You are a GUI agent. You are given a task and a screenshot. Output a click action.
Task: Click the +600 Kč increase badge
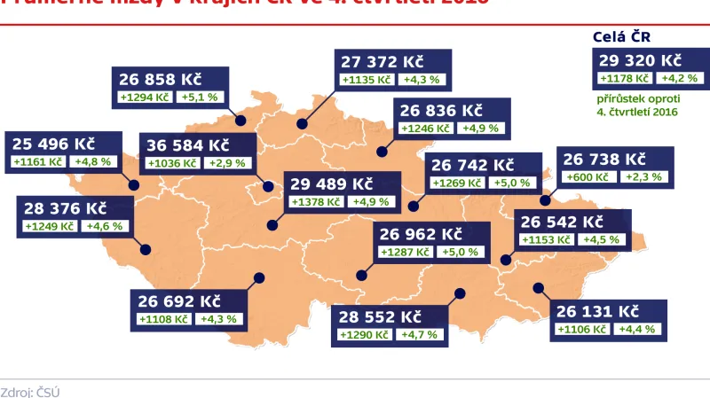coord(589,177)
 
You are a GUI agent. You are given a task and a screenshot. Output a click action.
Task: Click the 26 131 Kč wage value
coord(597,311)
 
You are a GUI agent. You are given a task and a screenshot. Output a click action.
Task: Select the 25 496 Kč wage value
coord(54,144)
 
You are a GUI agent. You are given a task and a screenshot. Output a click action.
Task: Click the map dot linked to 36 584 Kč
coord(266,186)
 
